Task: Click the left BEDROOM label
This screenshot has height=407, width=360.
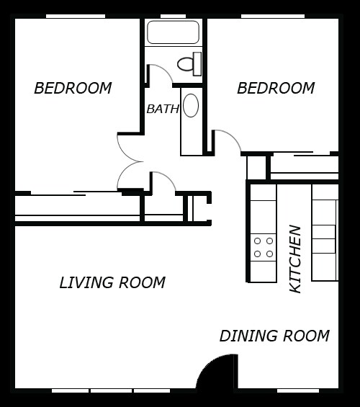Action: pos(73,89)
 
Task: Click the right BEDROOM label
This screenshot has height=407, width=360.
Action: pos(276,89)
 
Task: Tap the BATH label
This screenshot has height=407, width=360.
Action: pos(162,109)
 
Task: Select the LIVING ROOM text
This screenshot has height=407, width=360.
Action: pos(112,283)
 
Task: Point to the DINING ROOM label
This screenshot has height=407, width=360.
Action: pos(274,336)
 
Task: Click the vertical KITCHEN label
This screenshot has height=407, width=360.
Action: pos(295,259)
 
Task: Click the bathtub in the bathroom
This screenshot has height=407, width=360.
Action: pos(173,32)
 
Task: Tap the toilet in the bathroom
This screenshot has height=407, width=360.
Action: pos(189,64)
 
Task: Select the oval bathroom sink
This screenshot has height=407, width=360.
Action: pos(191,105)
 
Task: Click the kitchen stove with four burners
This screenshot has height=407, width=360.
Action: pos(263,247)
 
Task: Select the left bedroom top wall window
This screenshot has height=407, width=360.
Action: pos(75,16)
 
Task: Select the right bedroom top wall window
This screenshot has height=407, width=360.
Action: pos(272,16)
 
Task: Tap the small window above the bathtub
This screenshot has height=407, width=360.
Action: pos(173,16)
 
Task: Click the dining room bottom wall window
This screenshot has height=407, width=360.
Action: pos(297,390)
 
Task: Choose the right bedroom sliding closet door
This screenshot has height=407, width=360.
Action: pos(302,153)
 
